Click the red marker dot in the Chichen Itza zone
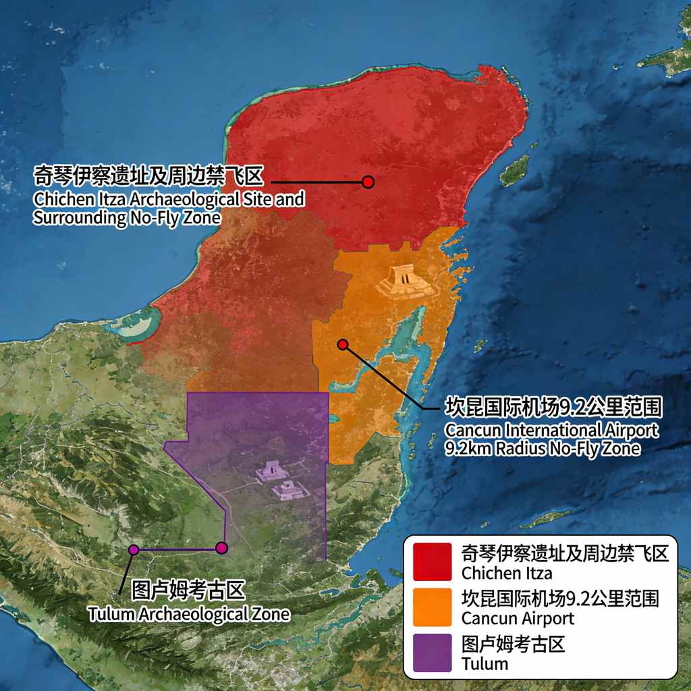[x=368, y=182]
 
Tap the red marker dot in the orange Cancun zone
[x=343, y=345]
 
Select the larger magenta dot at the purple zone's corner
[x=222, y=548]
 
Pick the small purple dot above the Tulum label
[x=134, y=550]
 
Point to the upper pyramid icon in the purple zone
[x=271, y=471]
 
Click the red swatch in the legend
[x=433, y=561]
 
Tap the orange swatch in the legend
[x=433, y=606]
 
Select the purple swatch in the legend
[x=433, y=652]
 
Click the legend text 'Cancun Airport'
[x=518, y=617]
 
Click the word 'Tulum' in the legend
[x=485, y=663]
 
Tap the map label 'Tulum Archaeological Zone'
[x=189, y=614]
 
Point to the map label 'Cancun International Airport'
[x=551, y=431]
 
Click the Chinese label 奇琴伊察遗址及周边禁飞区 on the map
[x=147, y=177]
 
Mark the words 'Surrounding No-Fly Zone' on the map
[x=127, y=218]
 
